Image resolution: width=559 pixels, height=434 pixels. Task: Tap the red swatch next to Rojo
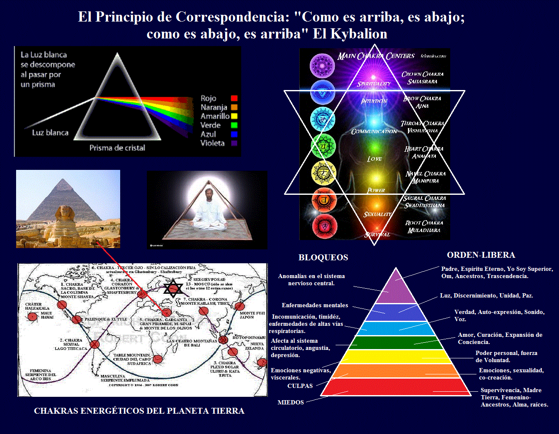234,98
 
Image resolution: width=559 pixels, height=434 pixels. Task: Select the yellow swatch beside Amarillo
234,116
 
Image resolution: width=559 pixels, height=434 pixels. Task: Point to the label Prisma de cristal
117,148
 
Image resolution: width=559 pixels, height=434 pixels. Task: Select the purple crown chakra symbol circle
322,66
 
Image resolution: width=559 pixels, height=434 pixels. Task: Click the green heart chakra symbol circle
323,146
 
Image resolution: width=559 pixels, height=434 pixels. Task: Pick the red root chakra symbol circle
324,226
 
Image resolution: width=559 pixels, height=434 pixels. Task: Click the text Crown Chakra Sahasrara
422,78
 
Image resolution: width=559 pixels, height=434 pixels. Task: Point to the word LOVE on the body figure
375,159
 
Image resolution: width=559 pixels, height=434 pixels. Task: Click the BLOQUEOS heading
323,257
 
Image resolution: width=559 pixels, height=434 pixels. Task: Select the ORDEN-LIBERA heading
481,255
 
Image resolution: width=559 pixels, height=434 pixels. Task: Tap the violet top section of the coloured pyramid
396,289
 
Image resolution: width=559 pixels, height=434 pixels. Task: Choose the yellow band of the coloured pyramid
396,357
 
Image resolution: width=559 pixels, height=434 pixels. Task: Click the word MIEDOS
291,402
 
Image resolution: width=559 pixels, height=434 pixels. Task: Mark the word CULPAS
300,386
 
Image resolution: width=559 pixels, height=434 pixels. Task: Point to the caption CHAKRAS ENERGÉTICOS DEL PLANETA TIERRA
139,411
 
